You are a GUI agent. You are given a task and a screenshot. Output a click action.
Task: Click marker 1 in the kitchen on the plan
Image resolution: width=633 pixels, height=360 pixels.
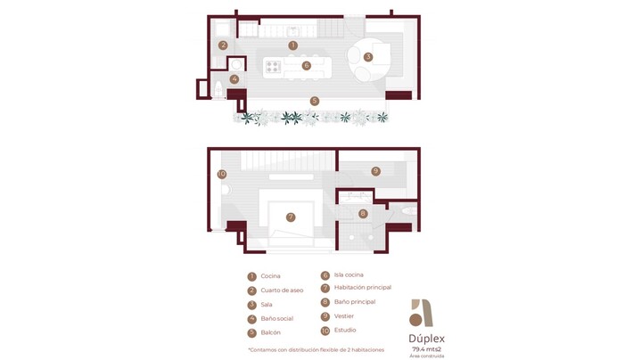point(293,45)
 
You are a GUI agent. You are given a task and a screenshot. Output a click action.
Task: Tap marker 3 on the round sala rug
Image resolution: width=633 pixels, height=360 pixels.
point(368,57)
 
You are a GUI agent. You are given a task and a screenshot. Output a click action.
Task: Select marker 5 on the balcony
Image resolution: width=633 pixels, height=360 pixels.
point(315,101)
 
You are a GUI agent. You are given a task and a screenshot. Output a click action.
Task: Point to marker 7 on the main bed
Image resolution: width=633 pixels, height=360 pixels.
point(291,217)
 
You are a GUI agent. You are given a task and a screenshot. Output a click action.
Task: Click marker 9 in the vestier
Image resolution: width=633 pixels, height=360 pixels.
point(376,171)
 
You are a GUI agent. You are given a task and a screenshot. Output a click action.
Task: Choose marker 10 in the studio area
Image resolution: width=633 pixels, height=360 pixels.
point(222,174)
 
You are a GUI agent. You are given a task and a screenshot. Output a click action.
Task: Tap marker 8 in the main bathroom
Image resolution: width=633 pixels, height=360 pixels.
point(363,214)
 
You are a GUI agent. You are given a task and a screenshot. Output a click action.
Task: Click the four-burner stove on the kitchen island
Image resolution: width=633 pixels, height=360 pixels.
point(273,67)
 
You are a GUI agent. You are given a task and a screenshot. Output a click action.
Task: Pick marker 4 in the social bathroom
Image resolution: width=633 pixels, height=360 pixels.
point(234,79)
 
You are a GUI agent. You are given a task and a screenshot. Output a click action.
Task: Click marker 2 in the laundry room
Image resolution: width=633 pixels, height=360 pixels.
point(223,45)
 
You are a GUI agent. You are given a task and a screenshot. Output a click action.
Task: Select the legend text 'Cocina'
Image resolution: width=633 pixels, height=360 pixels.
point(270,276)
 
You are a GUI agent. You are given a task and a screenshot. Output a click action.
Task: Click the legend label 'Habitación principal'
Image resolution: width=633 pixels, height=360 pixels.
point(363,287)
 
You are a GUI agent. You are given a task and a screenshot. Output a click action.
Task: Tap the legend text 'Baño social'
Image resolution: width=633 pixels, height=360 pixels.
point(277,318)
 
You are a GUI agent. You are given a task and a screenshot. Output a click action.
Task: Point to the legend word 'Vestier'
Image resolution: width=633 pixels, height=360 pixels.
point(344,316)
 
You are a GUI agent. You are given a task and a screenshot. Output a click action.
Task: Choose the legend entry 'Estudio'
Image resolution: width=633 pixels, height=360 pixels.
point(345,330)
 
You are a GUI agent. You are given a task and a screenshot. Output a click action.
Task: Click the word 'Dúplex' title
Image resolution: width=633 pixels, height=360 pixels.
point(426,339)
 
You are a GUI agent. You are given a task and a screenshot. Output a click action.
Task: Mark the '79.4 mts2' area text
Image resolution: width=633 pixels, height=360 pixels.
point(426,349)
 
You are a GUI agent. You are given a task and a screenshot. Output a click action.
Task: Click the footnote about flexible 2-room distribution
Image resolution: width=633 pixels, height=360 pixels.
point(316,350)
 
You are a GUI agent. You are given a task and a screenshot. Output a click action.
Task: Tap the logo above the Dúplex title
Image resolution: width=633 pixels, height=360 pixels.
point(421,313)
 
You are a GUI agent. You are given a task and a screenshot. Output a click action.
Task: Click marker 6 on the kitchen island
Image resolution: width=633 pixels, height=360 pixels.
point(306,65)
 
